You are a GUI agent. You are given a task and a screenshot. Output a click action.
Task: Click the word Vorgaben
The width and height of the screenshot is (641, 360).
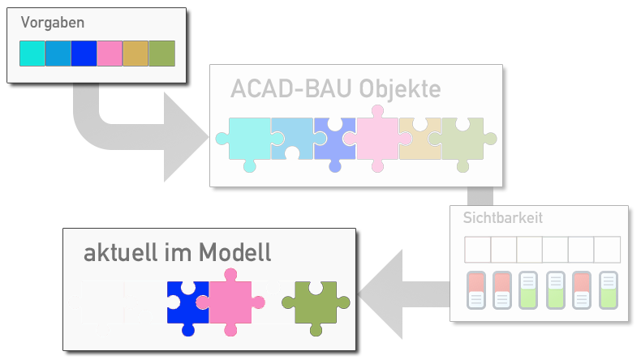click(x=53, y=23)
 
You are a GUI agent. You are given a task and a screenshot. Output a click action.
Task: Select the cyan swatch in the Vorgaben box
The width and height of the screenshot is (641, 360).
click(x=32, y=53)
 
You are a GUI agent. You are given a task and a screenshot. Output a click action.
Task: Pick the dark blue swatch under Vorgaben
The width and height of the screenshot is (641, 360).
click(x=84, y=53)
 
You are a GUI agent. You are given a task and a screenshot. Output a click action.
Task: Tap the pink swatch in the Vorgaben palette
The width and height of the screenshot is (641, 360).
click(x=110, y=53)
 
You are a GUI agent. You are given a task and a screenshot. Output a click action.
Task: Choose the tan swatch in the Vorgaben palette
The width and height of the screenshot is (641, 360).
click(x=136, y=53)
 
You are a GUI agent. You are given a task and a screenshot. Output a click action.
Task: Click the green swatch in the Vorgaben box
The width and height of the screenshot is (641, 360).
click(x=161, y=53)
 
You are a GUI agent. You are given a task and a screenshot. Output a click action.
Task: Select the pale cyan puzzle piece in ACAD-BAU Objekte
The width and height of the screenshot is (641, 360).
click(x=248, y=139)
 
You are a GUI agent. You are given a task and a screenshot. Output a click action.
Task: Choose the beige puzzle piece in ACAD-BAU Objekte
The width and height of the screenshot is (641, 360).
click(x=419, y=139)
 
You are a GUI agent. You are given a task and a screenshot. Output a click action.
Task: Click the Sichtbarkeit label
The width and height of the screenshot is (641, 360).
click(x=502, y=217)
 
